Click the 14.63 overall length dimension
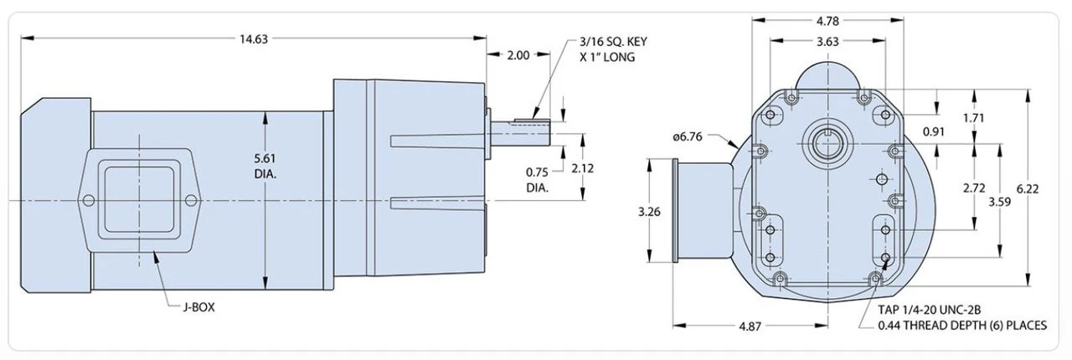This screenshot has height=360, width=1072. click(x=253, y=38)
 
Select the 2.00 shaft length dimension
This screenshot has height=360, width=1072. click(x=518, y=56)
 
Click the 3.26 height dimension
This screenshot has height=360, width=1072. click(x=649, y=212)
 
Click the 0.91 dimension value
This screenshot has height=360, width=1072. click(x=934, y=132)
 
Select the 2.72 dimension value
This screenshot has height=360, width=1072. click(x=973, y=188)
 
